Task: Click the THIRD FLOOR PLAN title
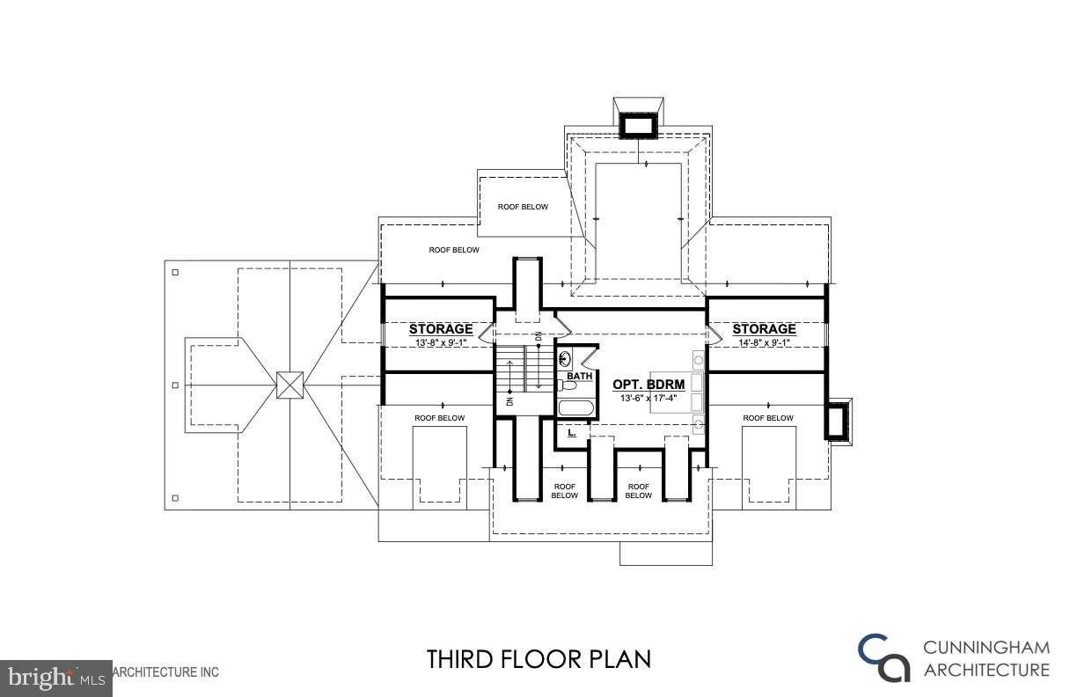pyautogui.click(x=538, y=658)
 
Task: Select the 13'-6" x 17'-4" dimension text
pyautogui.click(x=648, y=398)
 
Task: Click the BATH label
pyautogui.click(x=579, y=376)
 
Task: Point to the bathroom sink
pyautogui.click(x=564, y=358)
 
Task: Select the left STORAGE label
pyautogui.click(x=441, y=329)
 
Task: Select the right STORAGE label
pyautogui.click(x=764, y=329)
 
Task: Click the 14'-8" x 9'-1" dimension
pyautogui.click(x=764, y=342)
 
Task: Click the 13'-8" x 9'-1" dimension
pyautogui.click(x=441, y=342)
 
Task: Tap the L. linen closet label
pyautogui.click(x=572, y=433)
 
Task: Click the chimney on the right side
pyautogui.click(x=839, y=421)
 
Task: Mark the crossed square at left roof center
pyautogui.click(x=289, y=385)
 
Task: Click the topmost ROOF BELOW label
pyautogui.click(x=523, y=207)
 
